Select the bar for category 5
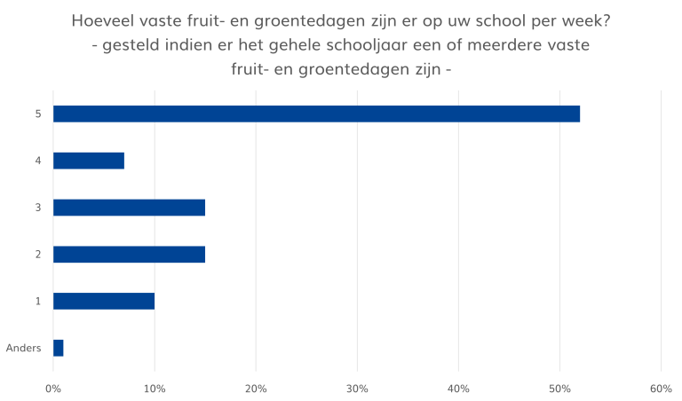[316, 114]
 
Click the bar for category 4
[89, 161]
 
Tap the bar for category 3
[130, 208]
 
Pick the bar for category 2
[130, 255]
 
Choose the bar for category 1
[104, 302]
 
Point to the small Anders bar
[59, 348]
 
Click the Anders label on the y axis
[24, 348]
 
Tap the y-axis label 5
[37, 114]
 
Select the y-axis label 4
[37, 161]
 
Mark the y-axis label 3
[37, 208]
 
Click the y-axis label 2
[37, 255]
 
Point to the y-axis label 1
[37, 302]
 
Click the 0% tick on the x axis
[53, 388]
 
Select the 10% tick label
[155, 388]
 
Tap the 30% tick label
[357, 388]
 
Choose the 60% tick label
[661, 388]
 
